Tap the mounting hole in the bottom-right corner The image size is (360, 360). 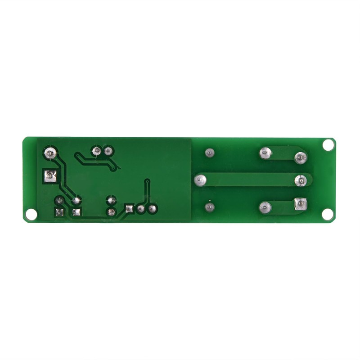pyautogui.click(x=328, y=215)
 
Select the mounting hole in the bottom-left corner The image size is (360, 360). pyautogui.click(x=31, y=215)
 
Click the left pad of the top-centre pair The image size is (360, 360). pyautogui.click(x=96, y=151)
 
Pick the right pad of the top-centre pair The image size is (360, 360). pyautogui.click(x=108, y=151)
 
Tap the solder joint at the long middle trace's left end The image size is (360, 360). pyautogui.click(x=200, y=180)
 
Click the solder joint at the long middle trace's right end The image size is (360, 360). pyautogui.click(x=300, y=180)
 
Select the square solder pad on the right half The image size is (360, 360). pyautogui.click(x=299, y=205)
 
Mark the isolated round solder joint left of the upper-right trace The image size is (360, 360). pyautogui.click(x=209, y=153)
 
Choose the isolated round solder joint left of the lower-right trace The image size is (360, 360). pyautogui.click(x=209, y=207)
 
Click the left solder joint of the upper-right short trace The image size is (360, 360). pyautogui.click(x=265, y=154)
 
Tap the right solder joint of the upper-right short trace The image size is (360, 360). pyautogui.click(x=300, y=157)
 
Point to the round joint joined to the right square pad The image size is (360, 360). pyautogui.click(x=265, y=207)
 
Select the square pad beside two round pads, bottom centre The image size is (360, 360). pyautogui.click(x=130, y=208)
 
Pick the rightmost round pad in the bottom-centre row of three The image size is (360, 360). pyautogui.click(x=152, y=208)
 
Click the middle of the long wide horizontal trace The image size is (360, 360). pyautogui.click(x=250, y=180)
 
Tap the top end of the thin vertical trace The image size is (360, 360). pyautogui.click(x=146, y=180)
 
